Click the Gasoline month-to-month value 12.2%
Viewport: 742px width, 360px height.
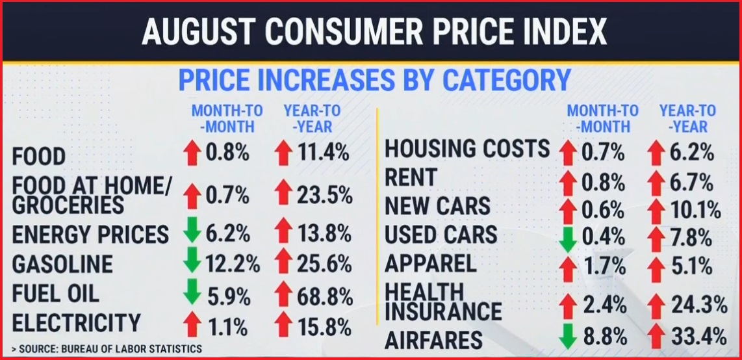pos(233,264)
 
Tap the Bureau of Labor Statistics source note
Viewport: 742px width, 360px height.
pos(107,349)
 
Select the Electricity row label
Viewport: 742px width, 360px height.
pos(77,323)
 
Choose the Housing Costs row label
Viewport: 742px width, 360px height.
pos(467,149)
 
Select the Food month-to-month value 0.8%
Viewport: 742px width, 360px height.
pos(228,153)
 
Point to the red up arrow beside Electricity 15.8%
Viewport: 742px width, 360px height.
pos(283,323)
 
